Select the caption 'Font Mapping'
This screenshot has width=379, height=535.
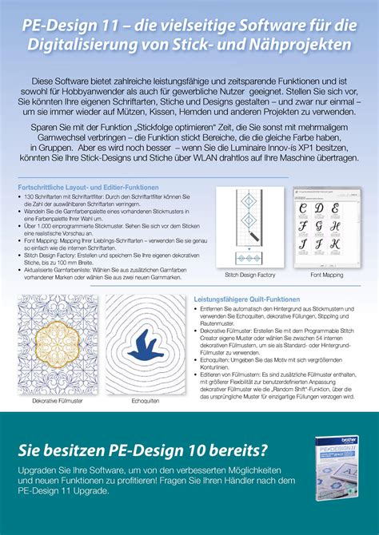coord(326,274)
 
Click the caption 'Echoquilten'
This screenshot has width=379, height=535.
coord(145,400)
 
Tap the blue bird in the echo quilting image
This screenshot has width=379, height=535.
coord(144,348)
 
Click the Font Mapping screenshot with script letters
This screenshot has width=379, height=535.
coord(326,228)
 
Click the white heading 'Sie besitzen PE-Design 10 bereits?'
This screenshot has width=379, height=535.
coord(143,450)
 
